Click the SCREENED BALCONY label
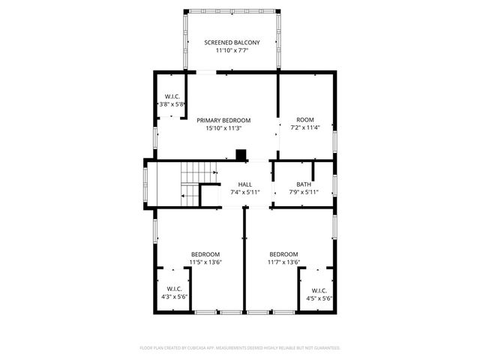232,43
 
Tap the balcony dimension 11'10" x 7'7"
232,51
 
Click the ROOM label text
304,120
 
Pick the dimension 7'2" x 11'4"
304,128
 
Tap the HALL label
245,184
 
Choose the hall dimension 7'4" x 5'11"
245,193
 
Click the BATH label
304,184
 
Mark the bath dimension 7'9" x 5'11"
304,193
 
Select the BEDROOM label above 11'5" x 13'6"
205,253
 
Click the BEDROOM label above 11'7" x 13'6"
283,253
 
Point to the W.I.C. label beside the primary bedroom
171,97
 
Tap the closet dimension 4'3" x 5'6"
174,298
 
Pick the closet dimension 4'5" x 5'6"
318,298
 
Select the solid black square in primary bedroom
240,155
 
